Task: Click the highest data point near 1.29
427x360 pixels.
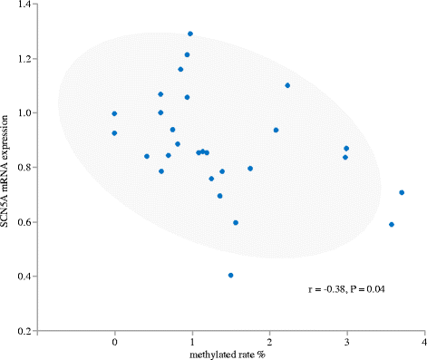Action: tap(190, 34)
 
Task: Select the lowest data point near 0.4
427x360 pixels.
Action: tap(231, 275)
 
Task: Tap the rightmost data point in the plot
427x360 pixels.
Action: tap(402, 192)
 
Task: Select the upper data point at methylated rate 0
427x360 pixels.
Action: tap(114, 113)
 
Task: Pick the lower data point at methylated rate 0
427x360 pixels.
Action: tap(114, 133)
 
